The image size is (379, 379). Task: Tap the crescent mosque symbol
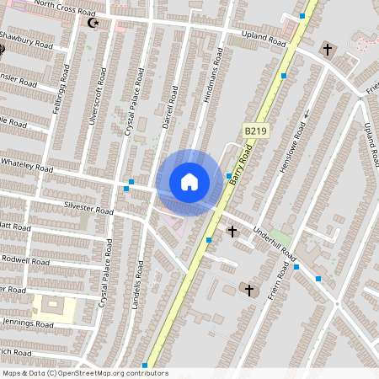[94, 23]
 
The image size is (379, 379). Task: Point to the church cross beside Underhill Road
[232, 230]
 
